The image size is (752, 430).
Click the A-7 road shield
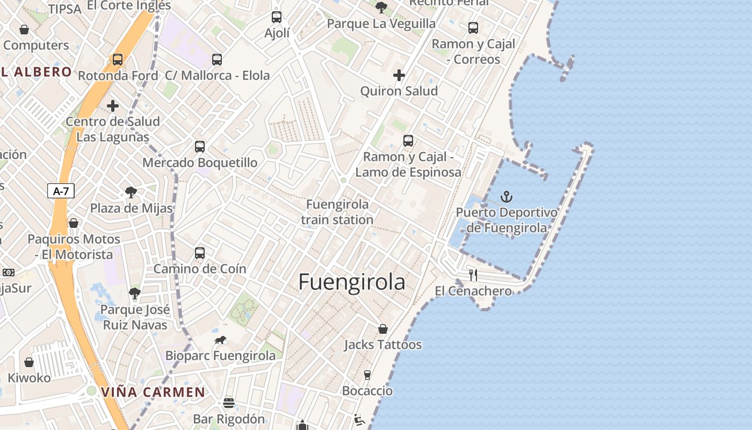(x=61, y=191)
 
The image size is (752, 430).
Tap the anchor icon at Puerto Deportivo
(x=507, y=197)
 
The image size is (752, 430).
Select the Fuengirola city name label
(x=351, y=282)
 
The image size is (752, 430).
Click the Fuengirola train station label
(x=337, y=212)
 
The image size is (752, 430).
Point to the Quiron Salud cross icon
(x=399, y=75)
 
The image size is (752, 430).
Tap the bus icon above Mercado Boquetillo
(x=200, y=146)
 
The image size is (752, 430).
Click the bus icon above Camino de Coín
(x=200, y=253)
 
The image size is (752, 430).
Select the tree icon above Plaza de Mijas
(x=131, y=192)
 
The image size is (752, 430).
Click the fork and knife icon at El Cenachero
(x=473, y=275)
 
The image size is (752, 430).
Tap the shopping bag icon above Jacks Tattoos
(x=383, y=328)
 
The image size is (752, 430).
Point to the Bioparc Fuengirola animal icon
(x=220, y=340)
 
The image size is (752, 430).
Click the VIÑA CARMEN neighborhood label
(x=153, y=392)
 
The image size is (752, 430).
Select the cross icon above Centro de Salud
(x=113, y=106)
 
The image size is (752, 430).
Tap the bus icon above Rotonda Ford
(x=118, y=60)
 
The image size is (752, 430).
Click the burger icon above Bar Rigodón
(x=229, y=403)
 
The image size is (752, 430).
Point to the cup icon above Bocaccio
(x=367, y=375)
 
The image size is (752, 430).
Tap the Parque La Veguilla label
(x=381, y=24)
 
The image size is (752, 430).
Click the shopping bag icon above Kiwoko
(x=29, y=362)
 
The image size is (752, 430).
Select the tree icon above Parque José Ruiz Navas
(x=135, y=293)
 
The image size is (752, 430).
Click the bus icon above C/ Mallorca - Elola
(x=217, y=59)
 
